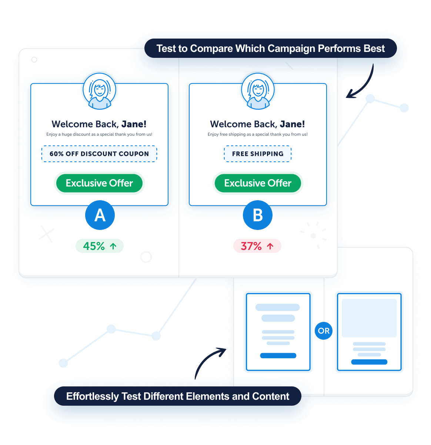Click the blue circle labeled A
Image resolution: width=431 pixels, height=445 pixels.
(x=100, y=215)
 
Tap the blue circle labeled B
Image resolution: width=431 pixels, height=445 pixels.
(x=258, y=215)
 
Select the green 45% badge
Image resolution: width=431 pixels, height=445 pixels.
(x=99, y=246)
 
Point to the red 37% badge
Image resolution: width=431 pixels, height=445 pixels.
(x=257, y=246)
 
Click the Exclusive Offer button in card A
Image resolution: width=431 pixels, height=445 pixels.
(x=99, y=183)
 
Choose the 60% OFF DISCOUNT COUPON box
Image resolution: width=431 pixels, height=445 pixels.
(x=99, y=154)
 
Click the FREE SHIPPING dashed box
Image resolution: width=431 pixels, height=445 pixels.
(x=258, y=154)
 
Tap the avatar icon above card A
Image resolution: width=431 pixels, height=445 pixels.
(x=99, y=91)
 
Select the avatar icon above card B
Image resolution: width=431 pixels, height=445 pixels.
(x=258, y=91)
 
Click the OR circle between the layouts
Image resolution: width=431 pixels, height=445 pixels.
(x=324, y=331)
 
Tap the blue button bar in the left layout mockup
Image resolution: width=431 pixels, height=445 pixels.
(x=278, y=356)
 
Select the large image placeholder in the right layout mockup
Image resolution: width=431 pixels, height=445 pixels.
(x=369, y=318)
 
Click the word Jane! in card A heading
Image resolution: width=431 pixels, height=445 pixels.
(x=134, y=124)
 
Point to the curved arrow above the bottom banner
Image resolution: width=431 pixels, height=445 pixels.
(x=210, y=362)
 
